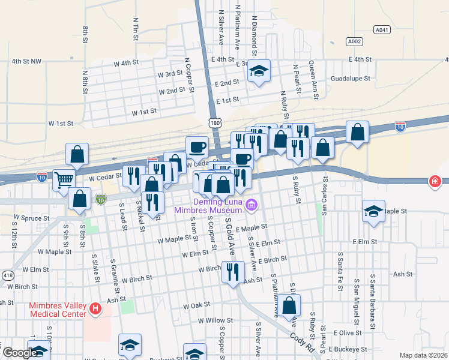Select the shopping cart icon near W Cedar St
(64, 179)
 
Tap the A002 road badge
(354, 41)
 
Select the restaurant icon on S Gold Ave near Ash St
(232, 272)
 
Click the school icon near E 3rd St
(259, 71)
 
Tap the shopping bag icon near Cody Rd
(289, 305)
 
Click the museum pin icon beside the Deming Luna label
(251, 206)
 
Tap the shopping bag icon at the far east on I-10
(358, 134)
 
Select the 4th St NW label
(27, 61)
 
